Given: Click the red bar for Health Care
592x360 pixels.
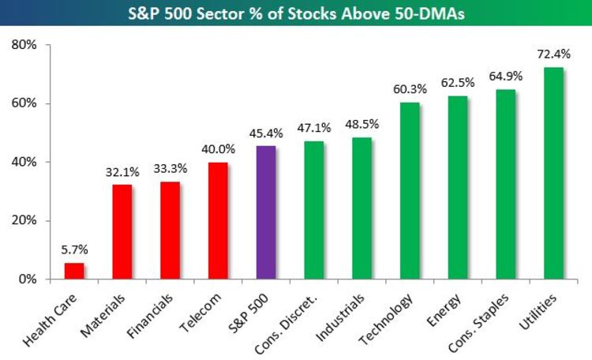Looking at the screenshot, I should coord(74,271).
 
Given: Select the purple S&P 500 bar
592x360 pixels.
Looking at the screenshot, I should coord(266,212).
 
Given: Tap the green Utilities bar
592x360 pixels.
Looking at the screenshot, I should coord(553,173).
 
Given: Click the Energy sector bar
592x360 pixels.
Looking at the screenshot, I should coord(458,187).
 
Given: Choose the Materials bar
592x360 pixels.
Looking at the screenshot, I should coord(122,231).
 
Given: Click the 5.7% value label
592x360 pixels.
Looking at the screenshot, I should coord(74,249).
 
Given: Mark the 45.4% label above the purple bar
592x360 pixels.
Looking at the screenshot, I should coord(266,133).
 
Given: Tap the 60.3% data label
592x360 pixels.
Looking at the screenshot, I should coord(410,90).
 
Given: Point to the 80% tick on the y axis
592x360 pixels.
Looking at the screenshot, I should coord(24,45).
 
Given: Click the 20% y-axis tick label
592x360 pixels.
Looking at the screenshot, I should coord(24,220).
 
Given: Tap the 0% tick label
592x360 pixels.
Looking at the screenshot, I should coord(28,279).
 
